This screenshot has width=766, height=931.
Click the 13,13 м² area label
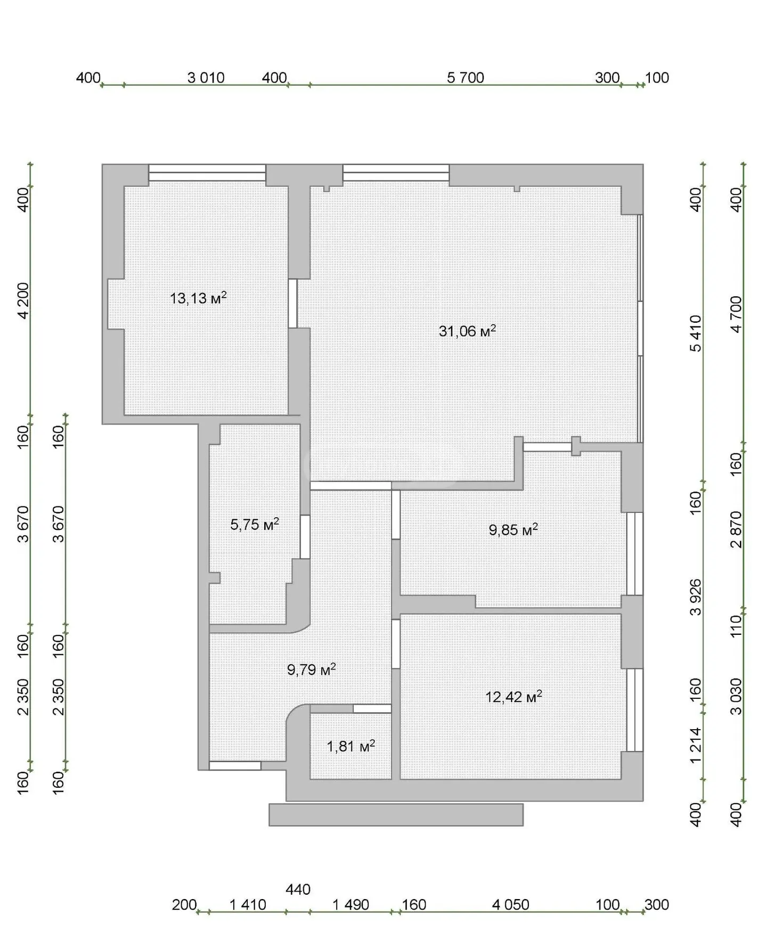(198, 298)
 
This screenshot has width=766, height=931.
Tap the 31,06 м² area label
(467, 331)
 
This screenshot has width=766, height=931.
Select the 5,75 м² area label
(255, 525)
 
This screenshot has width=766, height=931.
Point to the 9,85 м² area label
(514, 529)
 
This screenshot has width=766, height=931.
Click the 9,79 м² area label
(312, 669)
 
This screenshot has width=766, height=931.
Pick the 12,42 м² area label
(514, 697)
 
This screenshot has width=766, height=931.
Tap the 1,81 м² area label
(351, 746)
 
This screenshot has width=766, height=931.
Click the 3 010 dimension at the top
(206, 78)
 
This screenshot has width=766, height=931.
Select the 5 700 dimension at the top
(466, 78)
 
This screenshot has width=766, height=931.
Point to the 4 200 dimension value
(23, 300)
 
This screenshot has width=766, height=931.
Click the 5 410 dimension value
(696, 333)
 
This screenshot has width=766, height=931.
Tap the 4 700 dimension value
(736, 314)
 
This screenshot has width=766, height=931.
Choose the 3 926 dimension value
(696, 597)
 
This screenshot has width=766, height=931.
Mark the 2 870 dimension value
(736, 529)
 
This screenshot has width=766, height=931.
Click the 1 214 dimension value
(696, 746)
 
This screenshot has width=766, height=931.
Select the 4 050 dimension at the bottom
(511, 905)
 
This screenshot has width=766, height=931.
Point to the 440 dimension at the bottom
(298, 889)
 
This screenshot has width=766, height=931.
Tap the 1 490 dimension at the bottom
(351, 905)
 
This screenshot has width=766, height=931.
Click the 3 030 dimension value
(736, 696)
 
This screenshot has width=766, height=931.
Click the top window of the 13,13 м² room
(207, 173)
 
